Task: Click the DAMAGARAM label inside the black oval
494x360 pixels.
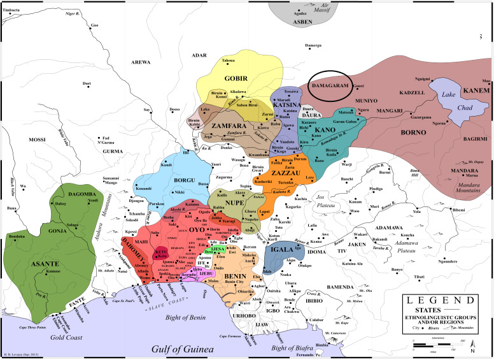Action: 329,85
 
